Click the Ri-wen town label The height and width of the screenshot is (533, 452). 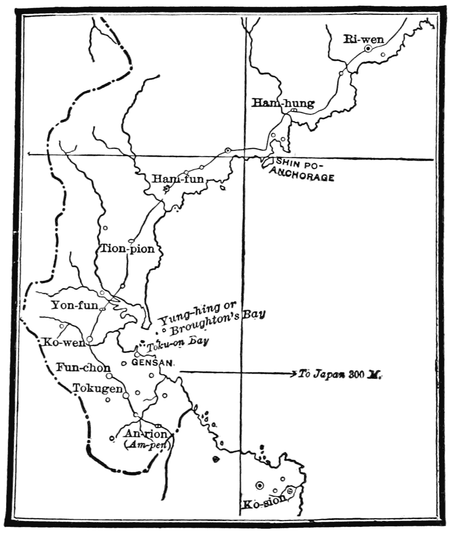(x=364, y=40)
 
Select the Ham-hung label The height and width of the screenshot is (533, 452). (x=283, y=104)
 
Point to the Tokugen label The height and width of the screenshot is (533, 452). (x=98, y=388)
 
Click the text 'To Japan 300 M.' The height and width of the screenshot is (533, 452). (x=340, y=374)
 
